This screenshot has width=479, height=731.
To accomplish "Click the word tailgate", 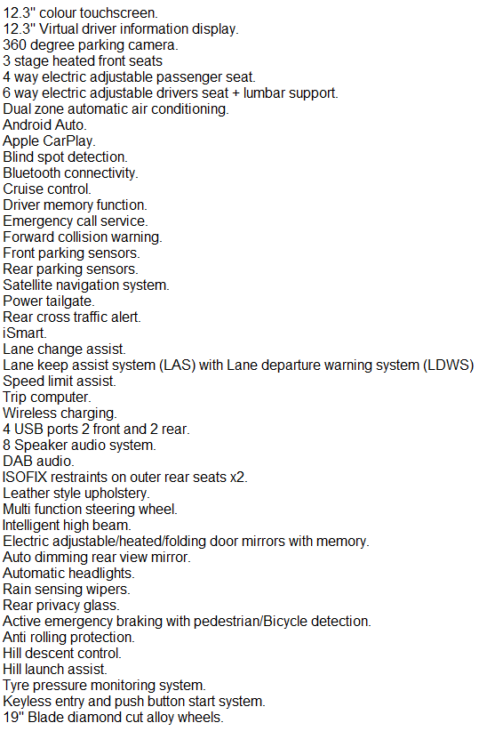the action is pyautogui.click(x=70, y=301).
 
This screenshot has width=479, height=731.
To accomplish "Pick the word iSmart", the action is pyautogui.click(x=25, y=333).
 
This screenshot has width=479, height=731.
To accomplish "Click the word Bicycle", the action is pyautogui.click(x=285, y=622).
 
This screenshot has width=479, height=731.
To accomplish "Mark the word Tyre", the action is pyautogui.click(x=16, y=686).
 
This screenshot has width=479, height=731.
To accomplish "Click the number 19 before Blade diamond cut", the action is pyautogui.click(x=12, y=717).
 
